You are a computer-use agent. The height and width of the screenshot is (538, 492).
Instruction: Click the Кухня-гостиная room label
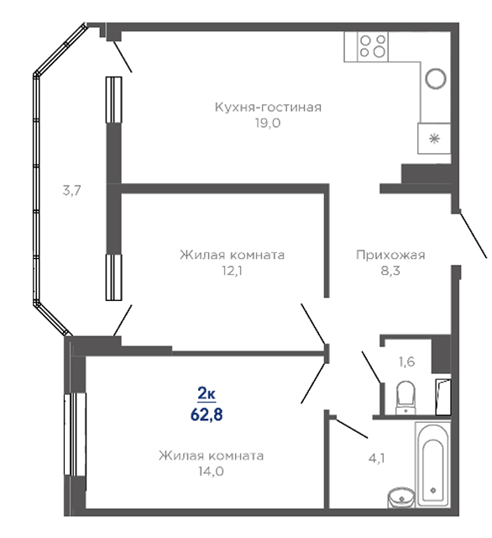point(268,108)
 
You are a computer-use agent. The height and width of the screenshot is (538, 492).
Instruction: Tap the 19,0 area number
point(268,123)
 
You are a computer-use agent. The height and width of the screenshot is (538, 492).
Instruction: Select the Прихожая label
point(390,255)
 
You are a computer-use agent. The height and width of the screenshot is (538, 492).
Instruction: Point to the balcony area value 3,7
point(71,190)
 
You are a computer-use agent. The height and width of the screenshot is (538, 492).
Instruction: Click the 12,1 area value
point(232,271)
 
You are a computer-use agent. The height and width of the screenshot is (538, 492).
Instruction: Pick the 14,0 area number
point(211,471)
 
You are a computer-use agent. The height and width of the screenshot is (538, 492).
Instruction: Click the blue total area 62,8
point(207,414)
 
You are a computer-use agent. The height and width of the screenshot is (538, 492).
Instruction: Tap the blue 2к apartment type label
point(207,394)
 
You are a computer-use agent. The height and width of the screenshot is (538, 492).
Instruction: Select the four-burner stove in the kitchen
point(373,47)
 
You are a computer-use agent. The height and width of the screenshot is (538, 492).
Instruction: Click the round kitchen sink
point(436,78)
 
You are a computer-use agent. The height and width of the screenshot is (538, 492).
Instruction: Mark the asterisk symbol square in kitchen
point(434,138)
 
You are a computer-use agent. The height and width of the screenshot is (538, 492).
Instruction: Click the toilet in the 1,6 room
point(406,398)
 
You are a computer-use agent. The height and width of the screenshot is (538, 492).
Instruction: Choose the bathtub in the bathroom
point(432,465)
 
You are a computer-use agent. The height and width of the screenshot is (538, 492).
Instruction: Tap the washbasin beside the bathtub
point(401,497)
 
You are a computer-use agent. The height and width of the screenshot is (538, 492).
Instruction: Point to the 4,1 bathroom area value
point(376,458)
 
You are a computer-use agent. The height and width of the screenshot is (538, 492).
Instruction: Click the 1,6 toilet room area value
point(407,361)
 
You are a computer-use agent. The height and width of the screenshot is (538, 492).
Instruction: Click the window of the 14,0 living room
point(76,434)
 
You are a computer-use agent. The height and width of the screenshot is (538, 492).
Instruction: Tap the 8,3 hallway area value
point(390,271)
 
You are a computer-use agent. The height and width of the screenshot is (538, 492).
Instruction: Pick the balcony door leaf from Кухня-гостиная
point(123,56)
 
